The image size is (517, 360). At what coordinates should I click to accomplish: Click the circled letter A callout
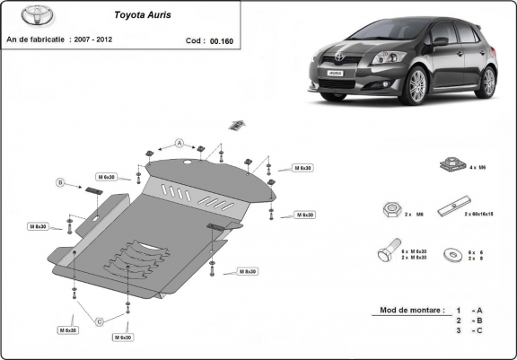pos(179,143)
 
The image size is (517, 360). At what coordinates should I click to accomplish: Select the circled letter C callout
pos(100,320)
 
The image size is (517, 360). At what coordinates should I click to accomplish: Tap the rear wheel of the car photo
pos(487,82)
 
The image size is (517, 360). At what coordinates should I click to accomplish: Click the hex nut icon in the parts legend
pos(391,211)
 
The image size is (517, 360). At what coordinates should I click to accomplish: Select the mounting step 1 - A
pos(471,310)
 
